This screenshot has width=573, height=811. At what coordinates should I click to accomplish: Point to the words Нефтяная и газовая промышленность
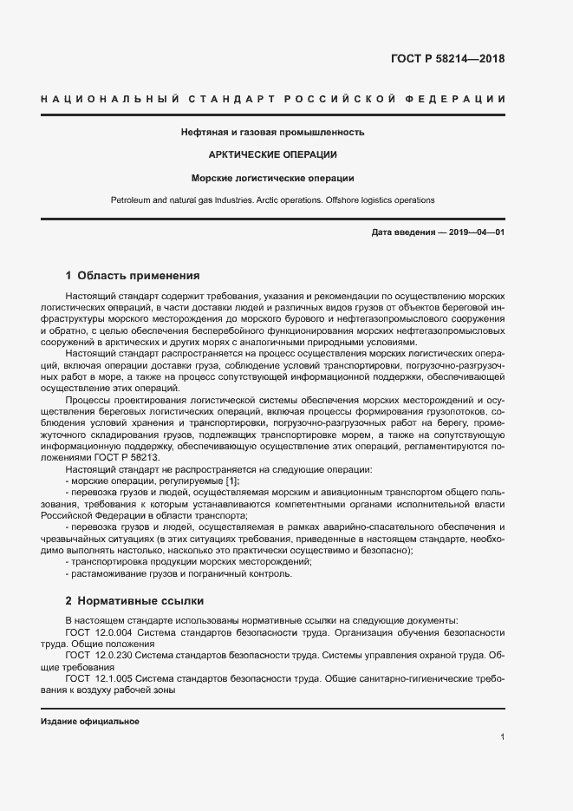272,133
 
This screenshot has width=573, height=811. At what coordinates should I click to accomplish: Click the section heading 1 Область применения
133,276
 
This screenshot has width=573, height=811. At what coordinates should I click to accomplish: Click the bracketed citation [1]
231,481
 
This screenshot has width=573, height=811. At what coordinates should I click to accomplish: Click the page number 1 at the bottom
503,736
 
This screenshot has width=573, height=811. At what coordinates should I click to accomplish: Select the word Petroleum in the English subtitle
131,200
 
